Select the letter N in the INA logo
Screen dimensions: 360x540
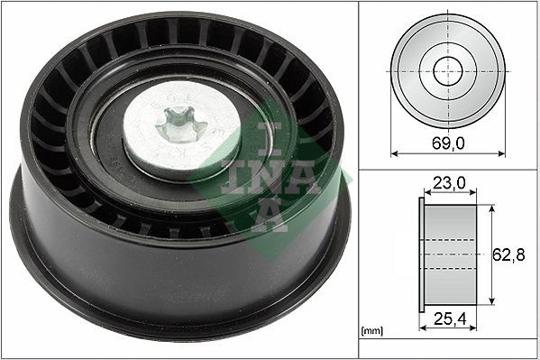tap(270, 177)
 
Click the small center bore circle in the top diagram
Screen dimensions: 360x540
tap(447, 71)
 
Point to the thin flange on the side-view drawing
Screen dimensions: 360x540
tap(422, 256)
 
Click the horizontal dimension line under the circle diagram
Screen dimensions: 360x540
tap(447, 154)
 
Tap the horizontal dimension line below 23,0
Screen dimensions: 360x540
tap(450, 196)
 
